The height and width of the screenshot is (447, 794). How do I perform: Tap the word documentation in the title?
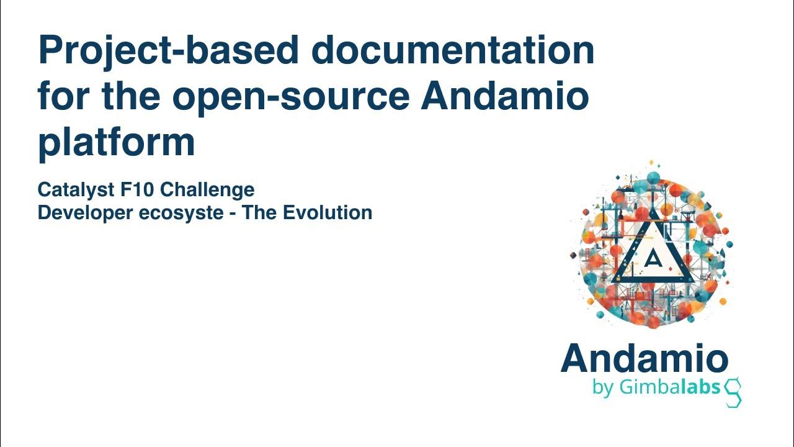453,51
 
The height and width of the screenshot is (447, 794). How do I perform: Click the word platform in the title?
117,143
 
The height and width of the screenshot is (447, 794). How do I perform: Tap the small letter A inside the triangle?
651,258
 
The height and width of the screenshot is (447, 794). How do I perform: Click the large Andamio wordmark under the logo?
645,359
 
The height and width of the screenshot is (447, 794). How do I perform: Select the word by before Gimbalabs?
602,388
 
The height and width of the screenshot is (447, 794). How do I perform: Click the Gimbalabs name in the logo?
669,387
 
